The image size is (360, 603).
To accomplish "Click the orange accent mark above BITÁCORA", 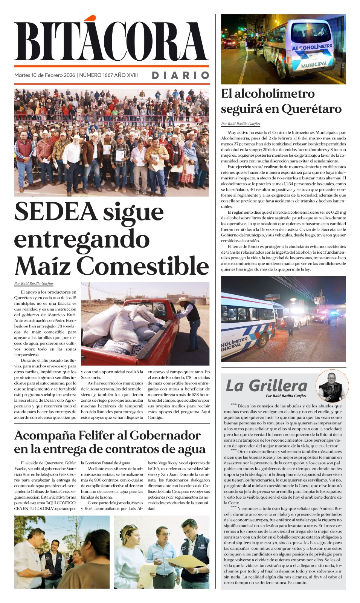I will point(90,18).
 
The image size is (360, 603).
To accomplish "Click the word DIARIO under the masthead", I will point(180,75).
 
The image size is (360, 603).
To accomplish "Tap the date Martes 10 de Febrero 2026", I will point(45,75).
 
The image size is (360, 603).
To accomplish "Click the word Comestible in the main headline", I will point(143,266).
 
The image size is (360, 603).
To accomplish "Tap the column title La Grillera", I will point(267,386).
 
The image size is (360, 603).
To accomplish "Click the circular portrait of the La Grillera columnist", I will point(332,386).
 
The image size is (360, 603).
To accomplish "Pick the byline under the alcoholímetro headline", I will point(241,124).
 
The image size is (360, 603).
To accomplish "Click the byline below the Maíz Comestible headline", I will point(34,283).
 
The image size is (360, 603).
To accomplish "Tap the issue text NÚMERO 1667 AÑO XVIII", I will point(108,75).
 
